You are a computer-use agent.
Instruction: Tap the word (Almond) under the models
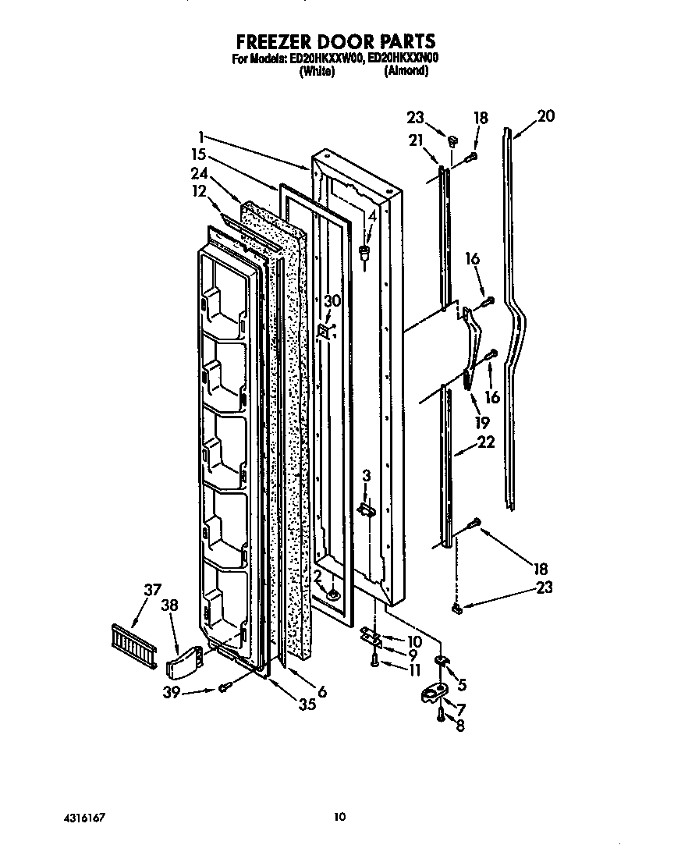(x=406, y=70)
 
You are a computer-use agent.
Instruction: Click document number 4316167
(x=83, y=816)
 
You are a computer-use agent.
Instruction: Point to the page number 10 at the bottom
(x=339, y=816)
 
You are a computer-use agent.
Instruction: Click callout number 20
(x=546, y=115)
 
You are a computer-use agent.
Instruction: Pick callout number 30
(x=333, y=301)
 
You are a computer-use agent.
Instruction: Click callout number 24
(x=200, y=173)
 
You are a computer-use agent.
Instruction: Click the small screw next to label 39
(x=225, y=687)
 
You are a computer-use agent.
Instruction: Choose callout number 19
(x=481, y=422)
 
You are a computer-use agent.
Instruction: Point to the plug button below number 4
(x=364, y=251)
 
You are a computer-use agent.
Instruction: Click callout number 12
(x=200, y=191)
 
